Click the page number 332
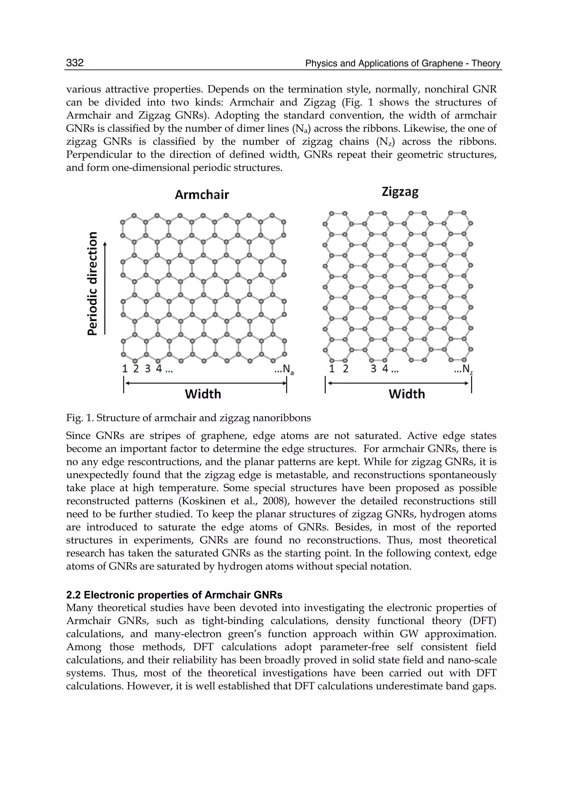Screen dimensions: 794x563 [x=75, y=63]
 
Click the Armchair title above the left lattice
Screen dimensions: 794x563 [x=202, y=195]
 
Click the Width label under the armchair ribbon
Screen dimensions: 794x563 [x=203, y=394]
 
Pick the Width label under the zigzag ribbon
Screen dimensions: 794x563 [x=407, y=394]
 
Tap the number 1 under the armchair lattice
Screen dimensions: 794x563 [x=125, y=369]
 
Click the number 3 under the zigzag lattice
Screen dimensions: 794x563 [x=373, y=369]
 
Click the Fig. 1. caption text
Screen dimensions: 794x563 [x=188, y=418]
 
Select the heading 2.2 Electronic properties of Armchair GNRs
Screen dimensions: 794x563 [x=174, y=595]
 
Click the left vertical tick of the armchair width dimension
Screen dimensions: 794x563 [x=124, y=385]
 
